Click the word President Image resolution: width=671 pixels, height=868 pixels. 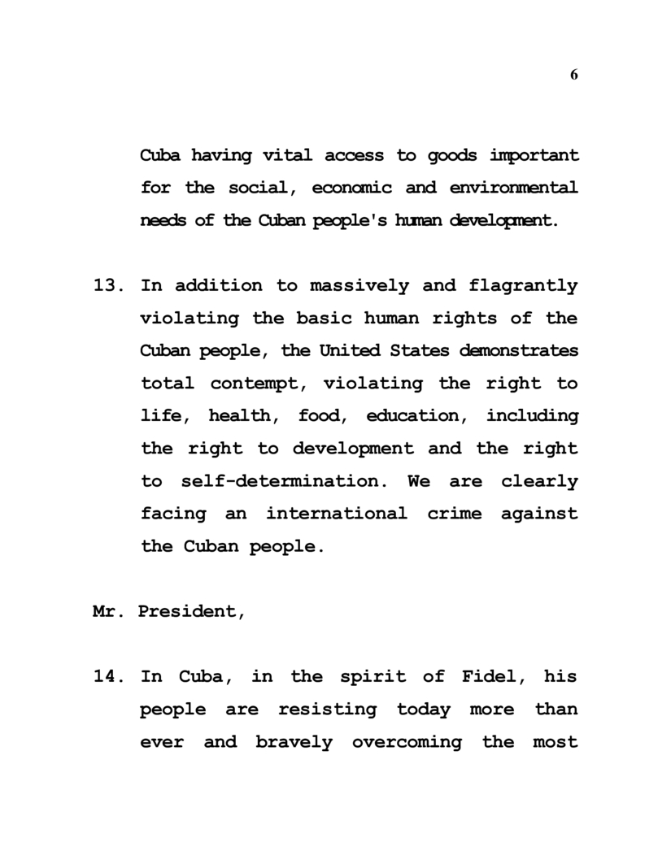(191, 611)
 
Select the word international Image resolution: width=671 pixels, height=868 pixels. (336, 514)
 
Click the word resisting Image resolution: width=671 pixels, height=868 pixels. (328, 709)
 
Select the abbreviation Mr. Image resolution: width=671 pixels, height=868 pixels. (107, 611)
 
